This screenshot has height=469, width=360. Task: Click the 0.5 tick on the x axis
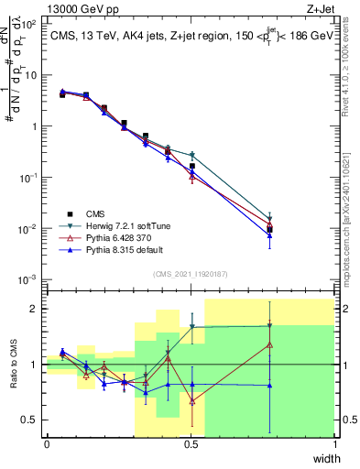tap(191, 443)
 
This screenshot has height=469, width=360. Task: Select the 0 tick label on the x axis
tap(47, 443)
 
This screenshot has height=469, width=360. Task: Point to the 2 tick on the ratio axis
tap(34, 309)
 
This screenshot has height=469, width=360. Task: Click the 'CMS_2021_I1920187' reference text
tap(191, 273)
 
